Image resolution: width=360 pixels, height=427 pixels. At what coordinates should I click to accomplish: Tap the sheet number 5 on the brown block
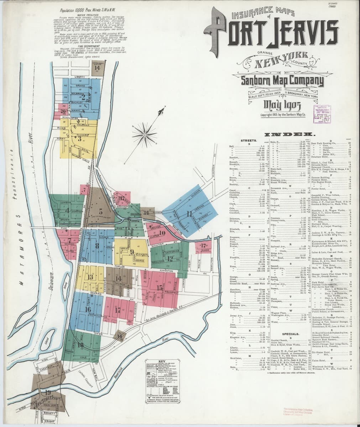tap(101, 210)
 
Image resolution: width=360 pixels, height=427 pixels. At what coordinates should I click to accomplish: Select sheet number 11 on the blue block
tap(190, 213)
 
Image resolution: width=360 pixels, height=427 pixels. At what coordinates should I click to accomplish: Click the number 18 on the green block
tap(80, 345)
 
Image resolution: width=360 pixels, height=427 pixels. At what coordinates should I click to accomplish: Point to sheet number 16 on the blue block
tap(88, 309)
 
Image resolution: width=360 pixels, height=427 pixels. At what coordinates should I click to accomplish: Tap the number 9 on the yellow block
tap(132, 252)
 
